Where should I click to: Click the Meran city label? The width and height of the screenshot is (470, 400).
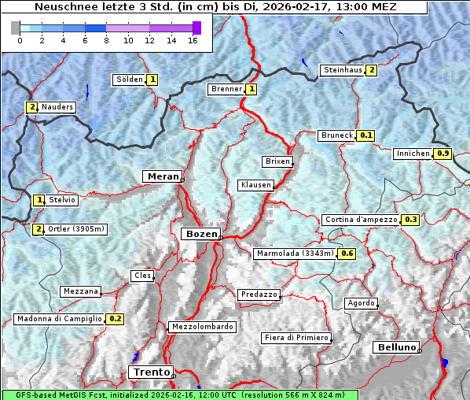[x=161, y=176]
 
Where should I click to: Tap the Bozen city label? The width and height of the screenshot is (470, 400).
[x=200, y=234]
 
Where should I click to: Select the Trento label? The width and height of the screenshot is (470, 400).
[x=151, y=372]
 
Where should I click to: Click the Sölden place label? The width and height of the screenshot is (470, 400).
[x=130, y=80]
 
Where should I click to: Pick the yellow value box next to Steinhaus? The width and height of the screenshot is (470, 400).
[x=372, y=70]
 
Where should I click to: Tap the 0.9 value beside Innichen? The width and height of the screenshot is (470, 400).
[x=442, y=154]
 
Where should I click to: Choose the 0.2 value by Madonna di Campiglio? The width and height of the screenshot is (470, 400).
[x=116, y=319]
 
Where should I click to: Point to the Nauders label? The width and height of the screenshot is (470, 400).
[x=57, y=107]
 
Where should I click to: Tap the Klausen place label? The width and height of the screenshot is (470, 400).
[x=255, y=185]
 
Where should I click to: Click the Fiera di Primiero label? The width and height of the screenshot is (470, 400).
[x=296, y=338]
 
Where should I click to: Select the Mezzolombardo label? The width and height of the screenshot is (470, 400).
[x=201, y=327]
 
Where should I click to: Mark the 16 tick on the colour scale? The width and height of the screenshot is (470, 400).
[x=193, y=40]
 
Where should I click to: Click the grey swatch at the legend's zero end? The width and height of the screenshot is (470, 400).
[x=16, y=28]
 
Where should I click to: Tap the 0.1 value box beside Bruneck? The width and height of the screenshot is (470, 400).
[x=366, y=135]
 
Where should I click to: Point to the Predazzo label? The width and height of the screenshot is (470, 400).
[x=259, y=294]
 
